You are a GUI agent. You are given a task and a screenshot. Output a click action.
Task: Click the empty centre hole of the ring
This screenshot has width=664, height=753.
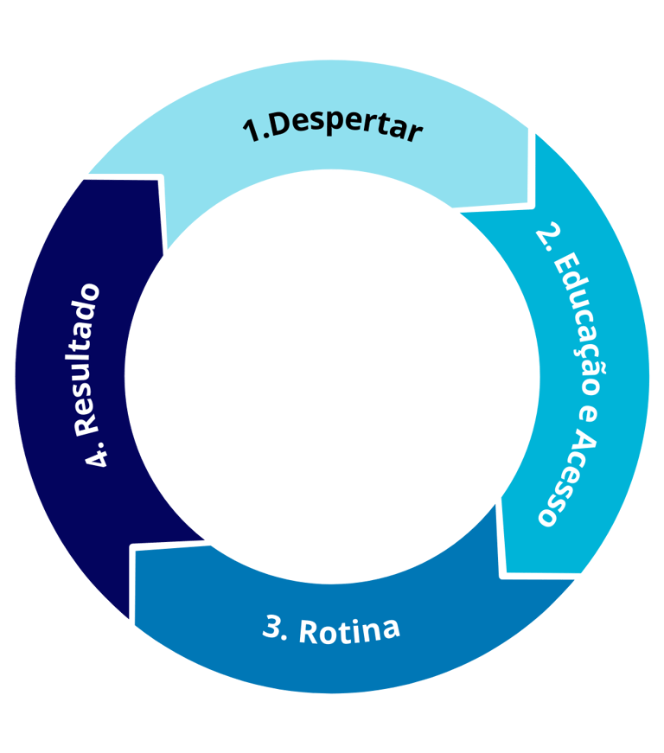click(333, 372)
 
